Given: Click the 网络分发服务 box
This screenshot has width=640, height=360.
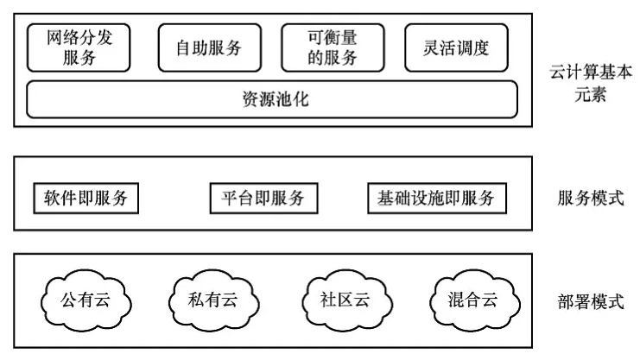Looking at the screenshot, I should coord(79,47).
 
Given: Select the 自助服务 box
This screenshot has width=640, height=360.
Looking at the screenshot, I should coord(209,47).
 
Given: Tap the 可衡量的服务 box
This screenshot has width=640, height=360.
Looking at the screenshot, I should coord(333,47).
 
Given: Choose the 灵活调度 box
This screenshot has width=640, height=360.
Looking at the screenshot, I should coord(457,47).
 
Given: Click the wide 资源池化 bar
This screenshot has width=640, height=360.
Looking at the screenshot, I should coord(272,99).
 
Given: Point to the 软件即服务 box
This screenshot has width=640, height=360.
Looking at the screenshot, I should coord(86,198).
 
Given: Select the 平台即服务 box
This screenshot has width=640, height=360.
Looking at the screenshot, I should coord(263,198).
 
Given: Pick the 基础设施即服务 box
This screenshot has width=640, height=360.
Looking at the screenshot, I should coord(436,198).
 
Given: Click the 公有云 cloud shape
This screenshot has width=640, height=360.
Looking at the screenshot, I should coord(85,300).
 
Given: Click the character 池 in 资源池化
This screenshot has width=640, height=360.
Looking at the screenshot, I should coord(283,99).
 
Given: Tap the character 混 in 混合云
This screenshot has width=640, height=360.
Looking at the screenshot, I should coord(457,300).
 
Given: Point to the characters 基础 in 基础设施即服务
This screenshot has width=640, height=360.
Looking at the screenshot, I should coord(395,198).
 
